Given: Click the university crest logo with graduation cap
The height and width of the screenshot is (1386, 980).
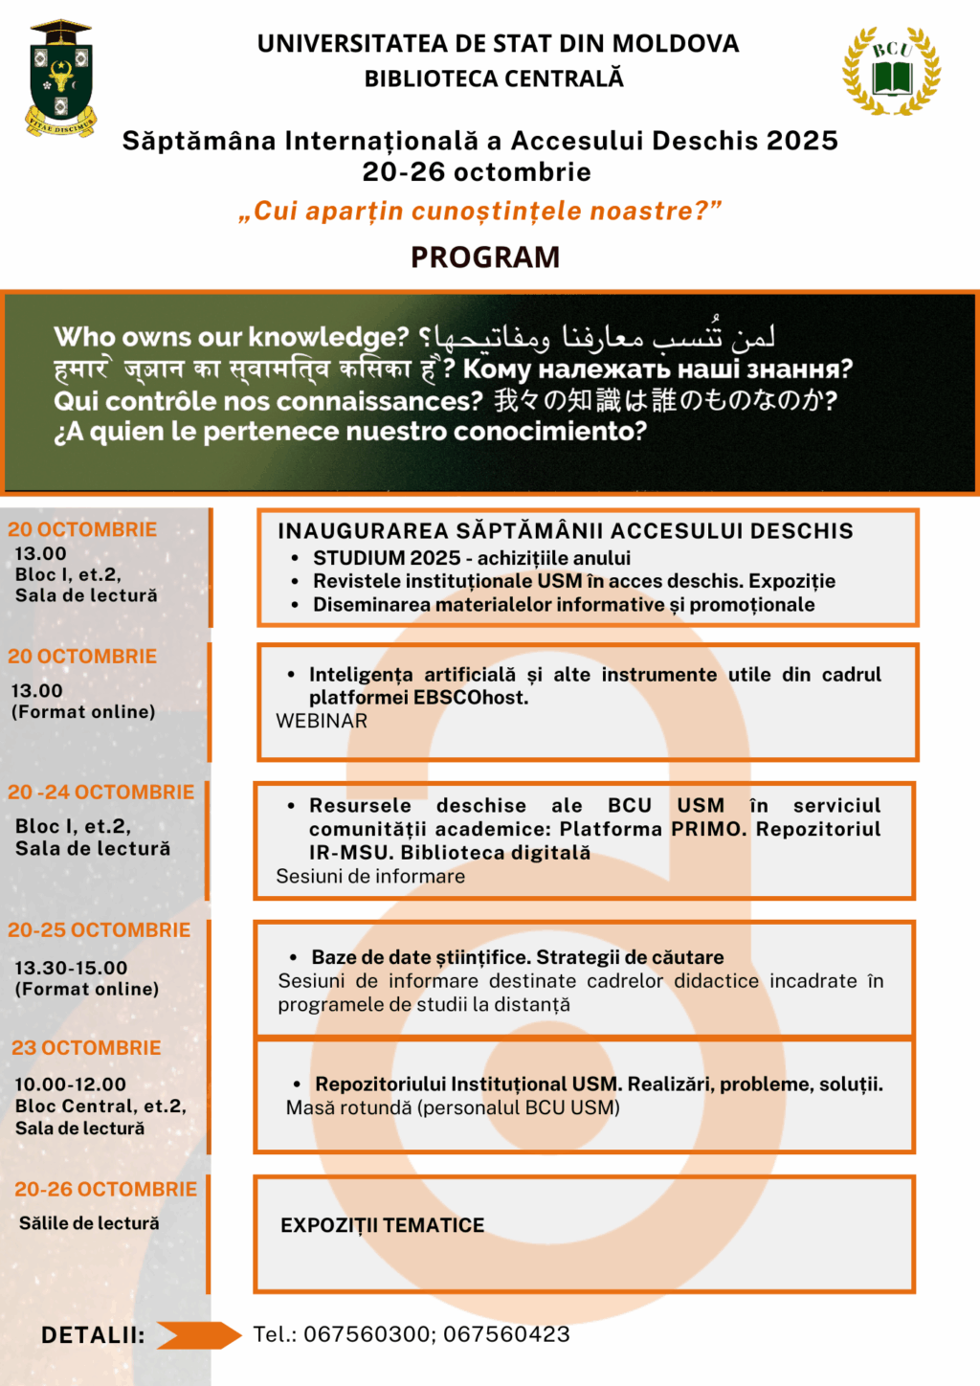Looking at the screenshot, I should coord(61,78).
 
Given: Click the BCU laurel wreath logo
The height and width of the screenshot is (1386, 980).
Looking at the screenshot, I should coord(891,72).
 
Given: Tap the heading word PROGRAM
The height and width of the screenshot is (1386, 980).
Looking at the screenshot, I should coord(485,257).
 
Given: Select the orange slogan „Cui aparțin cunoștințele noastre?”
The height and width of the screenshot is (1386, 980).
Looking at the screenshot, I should coord(479,211).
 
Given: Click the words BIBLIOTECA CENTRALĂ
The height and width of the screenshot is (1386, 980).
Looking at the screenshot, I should coord(494,78).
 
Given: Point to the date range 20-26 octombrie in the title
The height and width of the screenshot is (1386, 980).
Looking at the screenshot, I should coord(477,172).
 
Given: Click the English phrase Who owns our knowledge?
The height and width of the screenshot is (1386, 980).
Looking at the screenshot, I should coord(232,337).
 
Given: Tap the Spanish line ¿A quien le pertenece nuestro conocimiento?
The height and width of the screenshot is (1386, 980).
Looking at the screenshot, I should coord(350,432).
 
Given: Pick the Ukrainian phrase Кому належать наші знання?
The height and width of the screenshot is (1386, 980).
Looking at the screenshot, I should coord(657,369).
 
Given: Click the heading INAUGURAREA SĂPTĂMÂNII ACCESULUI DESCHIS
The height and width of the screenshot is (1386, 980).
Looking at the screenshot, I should coord(565,531).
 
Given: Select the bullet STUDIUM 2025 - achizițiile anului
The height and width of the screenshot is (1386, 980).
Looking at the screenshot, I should coord(472,558).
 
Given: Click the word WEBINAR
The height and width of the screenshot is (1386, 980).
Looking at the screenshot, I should coord(322,721).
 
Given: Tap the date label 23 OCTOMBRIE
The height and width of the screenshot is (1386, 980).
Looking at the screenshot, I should coord(86,1048).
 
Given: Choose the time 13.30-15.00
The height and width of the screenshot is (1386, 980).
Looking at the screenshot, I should coord(71,968).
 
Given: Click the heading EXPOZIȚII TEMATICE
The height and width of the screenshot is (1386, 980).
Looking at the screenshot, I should coord(383,1225).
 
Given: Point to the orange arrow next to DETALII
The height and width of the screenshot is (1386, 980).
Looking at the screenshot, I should coord(199,1335).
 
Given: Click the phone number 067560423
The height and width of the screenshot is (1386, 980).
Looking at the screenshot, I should coord(506,1334).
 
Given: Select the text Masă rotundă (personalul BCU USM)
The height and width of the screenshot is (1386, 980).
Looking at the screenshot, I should coord(453,1107).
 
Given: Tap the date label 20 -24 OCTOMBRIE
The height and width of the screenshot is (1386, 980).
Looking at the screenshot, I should coord(100,793).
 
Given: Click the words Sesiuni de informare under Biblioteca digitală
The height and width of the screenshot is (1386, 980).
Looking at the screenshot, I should coord(370,876).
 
